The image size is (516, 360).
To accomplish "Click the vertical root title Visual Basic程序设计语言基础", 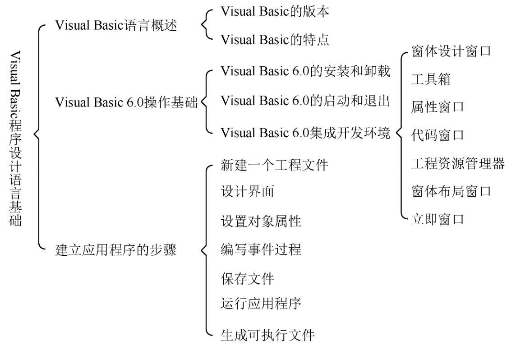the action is pos(15,138).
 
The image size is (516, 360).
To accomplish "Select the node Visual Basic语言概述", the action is pos(116,25).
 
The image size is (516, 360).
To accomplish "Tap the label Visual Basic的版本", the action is pos(275,12).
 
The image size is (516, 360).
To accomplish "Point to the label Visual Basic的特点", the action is pos(275,40).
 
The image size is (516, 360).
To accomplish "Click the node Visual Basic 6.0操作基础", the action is pos(126,102).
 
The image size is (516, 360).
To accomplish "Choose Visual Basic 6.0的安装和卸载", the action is pos(305,71).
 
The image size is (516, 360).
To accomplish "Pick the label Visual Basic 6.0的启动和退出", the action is pos(305,101).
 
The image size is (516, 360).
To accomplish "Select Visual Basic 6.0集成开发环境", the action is pos(305,133).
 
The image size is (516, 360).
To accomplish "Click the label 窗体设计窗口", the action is pos(451,51).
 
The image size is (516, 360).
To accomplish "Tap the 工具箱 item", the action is pos(431,79).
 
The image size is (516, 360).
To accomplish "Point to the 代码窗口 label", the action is pos(438,135).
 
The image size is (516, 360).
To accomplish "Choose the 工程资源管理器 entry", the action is pos(458,163).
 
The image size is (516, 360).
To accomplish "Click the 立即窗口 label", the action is pos(438,219).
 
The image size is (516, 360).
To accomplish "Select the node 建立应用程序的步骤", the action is pos(116,250).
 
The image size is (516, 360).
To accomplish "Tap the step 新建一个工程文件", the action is pos(274,165).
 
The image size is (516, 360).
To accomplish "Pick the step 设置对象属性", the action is pos(261,221).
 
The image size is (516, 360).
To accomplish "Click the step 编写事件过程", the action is pos(261,249).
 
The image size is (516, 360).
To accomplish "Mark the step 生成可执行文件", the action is pos(267,335).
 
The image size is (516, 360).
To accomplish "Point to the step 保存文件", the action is pos(248,279).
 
